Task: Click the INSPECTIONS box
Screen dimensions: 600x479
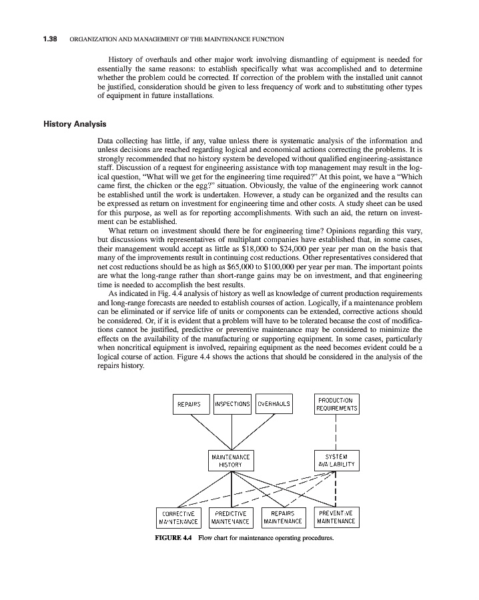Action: coord(232,404)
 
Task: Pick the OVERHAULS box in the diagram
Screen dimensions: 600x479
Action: coord(274,404)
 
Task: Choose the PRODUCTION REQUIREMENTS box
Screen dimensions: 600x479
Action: coord(336,404)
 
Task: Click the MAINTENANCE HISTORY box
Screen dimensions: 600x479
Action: coord(231,461)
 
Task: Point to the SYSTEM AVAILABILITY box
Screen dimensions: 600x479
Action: coord(336,461)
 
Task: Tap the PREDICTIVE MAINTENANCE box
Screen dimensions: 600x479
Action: coord(231,517)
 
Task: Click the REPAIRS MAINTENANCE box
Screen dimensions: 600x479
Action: coord(284,517)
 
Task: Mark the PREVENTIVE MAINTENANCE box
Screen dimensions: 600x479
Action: coord(336,517)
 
